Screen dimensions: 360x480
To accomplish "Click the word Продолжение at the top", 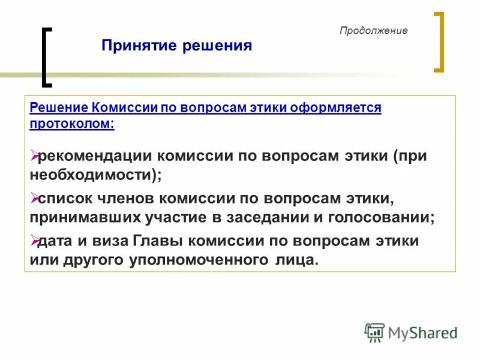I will click(373, 31).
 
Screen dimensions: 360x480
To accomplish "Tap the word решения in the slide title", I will click(219, 46).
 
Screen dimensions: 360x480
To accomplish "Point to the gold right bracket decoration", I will click(439, 42).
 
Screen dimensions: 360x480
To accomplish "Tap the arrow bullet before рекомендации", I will click(34, 156).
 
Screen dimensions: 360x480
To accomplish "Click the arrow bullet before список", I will click(34, 197).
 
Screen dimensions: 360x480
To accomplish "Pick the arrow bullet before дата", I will click(34, 240).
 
